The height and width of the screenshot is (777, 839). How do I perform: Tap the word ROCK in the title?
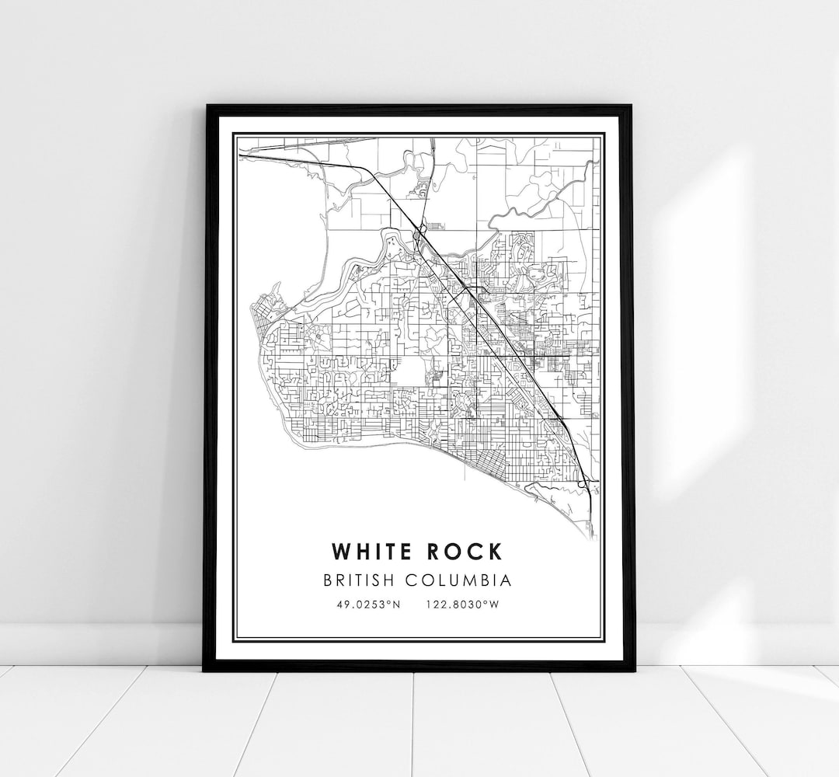[x=462, y=552]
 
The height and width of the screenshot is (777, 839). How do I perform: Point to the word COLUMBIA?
[x=466, y=580]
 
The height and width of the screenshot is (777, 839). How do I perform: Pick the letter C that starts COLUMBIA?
[x=425, y=580]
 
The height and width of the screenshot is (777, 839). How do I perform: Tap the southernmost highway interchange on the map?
[x=584, y=485]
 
